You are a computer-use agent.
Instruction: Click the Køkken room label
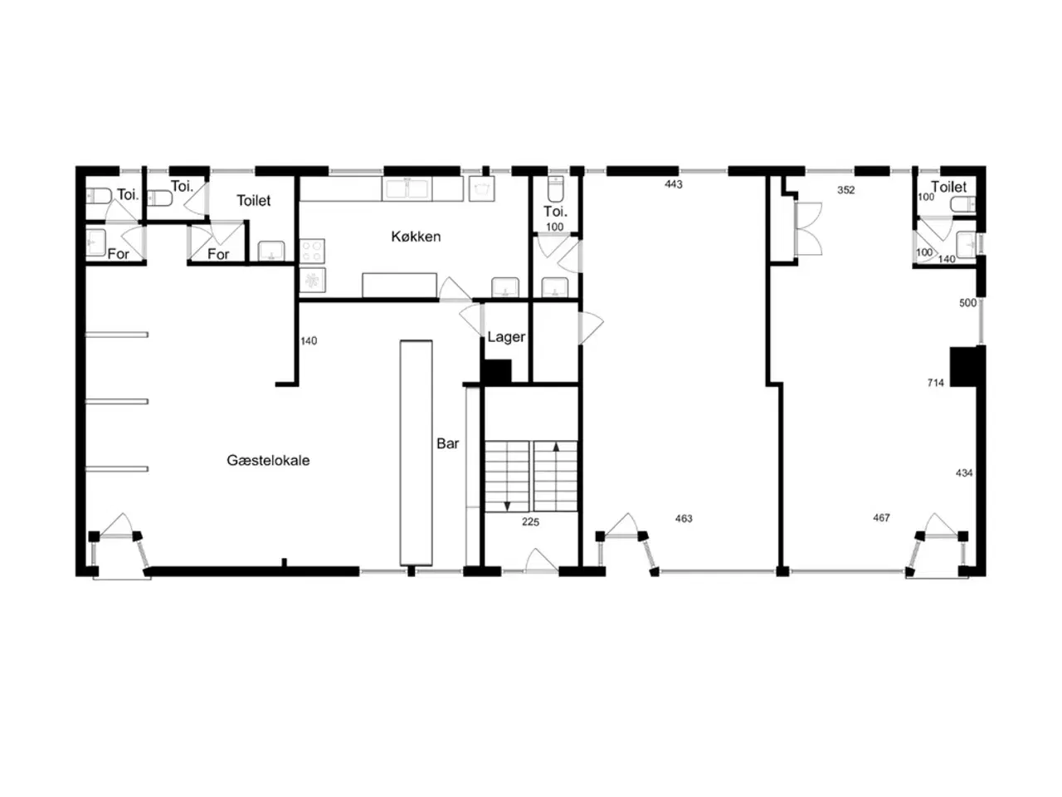(x=416, y=237)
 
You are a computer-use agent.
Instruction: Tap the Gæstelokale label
(x=268, y=460)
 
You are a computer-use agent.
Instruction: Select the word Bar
(x=447, y=443)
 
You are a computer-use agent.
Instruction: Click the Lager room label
(x=506, y=337)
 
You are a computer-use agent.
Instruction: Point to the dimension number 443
(x=674, y=184)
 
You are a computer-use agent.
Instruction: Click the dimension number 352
(x=846, y=190)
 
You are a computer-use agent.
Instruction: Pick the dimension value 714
(x=936, y=383)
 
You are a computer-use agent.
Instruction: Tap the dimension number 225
(x=530, y=521)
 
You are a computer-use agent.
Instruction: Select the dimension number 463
(x=684, y=519)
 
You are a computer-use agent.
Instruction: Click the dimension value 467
(x=881, y=518)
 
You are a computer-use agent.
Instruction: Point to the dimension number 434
(x=964, y=472)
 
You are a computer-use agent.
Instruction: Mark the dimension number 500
(x=967, y=303)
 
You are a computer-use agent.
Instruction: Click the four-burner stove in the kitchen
(x=312, y=252)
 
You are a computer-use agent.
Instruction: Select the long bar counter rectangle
(x=417, y=453)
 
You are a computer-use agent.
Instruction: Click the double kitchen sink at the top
(x=407, y=188)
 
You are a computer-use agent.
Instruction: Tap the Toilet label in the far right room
(x=948, y=187)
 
